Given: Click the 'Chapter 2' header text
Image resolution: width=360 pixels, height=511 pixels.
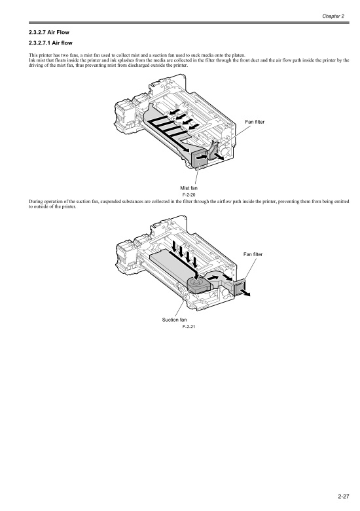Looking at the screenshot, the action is click(333, 16).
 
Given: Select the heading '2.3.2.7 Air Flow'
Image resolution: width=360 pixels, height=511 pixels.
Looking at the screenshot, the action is click(49, 32).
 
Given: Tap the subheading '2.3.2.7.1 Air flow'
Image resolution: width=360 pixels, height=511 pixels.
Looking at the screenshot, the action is click(50, 43).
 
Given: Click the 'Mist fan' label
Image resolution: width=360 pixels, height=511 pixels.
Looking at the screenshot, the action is click(189, 188).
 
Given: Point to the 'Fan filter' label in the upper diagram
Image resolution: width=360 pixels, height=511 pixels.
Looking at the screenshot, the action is click(255, 122).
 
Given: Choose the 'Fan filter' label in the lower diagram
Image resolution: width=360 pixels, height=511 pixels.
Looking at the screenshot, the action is click(253, 254).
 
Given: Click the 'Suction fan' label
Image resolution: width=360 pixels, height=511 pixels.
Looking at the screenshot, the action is click(175, 320).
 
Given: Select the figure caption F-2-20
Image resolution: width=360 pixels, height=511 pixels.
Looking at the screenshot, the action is click(189, 195).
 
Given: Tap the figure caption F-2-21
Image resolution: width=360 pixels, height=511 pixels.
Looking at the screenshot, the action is click(189, 327).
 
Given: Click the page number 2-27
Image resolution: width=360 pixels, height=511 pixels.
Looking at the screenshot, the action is click(344, 497).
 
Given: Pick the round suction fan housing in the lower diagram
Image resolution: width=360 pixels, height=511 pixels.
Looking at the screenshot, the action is click(198, 283).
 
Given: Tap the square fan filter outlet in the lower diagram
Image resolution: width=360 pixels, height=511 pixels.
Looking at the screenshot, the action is click(240, 286).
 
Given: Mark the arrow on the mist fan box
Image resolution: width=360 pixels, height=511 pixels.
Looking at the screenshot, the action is click(202, 157).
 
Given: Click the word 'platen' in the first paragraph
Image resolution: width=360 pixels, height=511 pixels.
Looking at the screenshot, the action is click(238, 55).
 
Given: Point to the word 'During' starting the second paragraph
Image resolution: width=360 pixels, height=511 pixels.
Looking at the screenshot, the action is click(35, 201).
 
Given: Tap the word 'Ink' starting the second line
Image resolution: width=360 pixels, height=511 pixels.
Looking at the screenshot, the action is click(31, 60).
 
